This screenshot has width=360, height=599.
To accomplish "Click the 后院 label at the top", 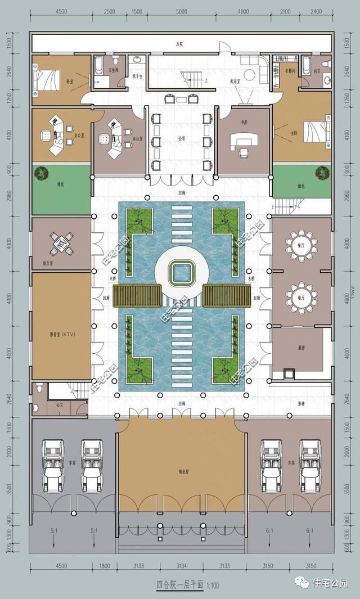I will pos(180,44).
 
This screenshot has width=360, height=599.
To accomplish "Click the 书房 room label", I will pos(244,120).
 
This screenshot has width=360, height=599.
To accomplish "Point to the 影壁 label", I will pos(301,403).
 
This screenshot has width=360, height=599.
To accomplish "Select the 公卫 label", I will pos(60,404).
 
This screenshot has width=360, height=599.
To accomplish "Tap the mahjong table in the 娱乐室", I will pos(61,244).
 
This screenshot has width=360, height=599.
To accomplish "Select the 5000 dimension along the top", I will pos(181,12).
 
